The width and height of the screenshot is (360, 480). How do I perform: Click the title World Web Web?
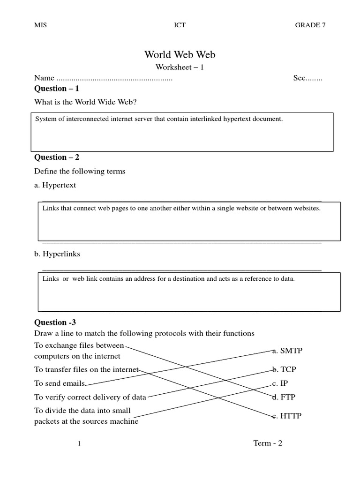pyautogui.click(x=180, y=55)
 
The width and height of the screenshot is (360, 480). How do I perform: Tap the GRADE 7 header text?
pyautogui.click(x=310, y=25)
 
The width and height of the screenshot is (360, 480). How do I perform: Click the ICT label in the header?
pyautogui.click(x=180, y=25)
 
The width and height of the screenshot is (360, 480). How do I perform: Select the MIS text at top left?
pyautogui.click(x=41, y=25)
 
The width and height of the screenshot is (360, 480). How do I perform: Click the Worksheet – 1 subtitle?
pyautogui.click(x=180, y=67)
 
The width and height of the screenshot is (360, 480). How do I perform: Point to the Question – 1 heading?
pyautogui.click(x=57, y=89)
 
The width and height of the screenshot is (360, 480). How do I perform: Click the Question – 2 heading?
pyautogui.click(x=57, y=157)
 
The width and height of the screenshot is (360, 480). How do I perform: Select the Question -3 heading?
pyautogui.click(x=55, y=322)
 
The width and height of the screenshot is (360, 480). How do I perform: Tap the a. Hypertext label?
pyautogui.click(x=55, y=185)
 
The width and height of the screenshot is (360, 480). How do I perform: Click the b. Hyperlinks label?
pyautogui.click(x=57, y=254)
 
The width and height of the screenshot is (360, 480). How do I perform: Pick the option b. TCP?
pyautogui.click(x=284, y=369)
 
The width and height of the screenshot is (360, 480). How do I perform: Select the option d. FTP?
pyautogui.click(x=284, y=397)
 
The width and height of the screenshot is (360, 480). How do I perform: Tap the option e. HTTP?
pyautogui.click(x=287, y=416)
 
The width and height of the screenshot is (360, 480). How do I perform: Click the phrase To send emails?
pyautogui.click(x=60, y=383)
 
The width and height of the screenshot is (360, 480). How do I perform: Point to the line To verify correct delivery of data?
pyautogui.click(x=90, y=397)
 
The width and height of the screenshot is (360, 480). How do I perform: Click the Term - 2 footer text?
pyautogui.click(x=268, y=443)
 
